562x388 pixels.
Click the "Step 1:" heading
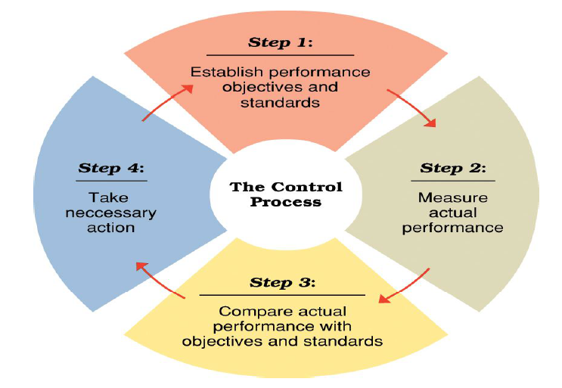[x=280, y=43]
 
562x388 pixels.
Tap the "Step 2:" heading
[x=453, y=168]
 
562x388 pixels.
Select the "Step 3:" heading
[x=280, y=284]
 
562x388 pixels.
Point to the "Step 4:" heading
[x=111, y=168]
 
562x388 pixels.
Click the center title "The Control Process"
[x=286, y=194]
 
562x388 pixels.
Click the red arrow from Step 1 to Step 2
[x=412, y=107]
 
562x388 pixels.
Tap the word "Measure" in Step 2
[x=452, y=197]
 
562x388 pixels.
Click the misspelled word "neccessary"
[x=111, y=213]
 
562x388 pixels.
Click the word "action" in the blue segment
[x=111, y=228]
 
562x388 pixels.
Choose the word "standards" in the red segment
[x=280, y=102]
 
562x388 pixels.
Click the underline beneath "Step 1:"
[x=280, y=55]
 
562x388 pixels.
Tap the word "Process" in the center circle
[x=286, y=203]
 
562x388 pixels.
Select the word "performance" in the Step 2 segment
[x=452, y=227]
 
